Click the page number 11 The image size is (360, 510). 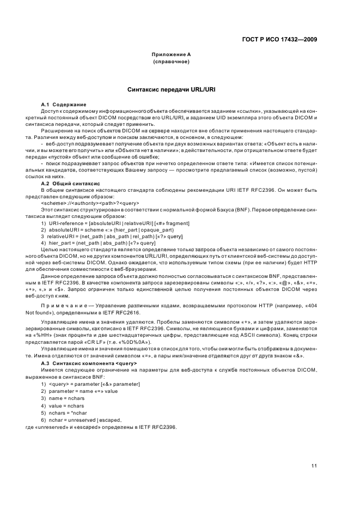314,465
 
